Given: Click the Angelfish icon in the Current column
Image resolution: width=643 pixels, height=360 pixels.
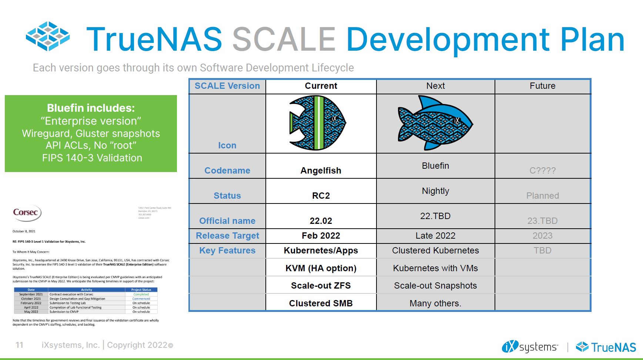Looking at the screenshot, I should (x=317, y=123).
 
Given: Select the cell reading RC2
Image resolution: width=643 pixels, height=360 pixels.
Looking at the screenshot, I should (x=321, y=196).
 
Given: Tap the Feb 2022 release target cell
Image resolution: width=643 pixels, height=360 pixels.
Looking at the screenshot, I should (x=321, y=236).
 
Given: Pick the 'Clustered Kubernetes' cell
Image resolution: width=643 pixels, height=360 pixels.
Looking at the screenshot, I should (x=435, y=250).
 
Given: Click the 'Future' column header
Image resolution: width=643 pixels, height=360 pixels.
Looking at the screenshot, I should (x=542, y=86).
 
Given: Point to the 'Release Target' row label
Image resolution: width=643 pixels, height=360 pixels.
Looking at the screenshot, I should (x=227, y=236).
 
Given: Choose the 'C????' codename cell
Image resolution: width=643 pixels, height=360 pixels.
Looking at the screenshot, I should (x=542, y=171).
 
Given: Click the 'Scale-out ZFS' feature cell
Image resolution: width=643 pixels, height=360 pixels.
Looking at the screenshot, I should (x=321, y=286).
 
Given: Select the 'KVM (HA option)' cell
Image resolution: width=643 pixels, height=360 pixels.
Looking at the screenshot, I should (x=321, y=268).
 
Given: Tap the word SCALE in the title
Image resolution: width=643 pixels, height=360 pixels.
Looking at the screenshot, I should (x=284, y=39).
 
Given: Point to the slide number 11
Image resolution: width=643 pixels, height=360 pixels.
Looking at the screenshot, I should (x=20, y=345).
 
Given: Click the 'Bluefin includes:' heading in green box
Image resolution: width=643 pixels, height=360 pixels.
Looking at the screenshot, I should (x=91, y=108).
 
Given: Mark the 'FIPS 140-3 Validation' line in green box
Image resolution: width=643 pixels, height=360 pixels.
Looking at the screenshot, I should (x=92, y=158).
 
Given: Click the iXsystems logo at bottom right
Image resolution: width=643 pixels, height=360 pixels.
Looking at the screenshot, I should (x=530, y=347).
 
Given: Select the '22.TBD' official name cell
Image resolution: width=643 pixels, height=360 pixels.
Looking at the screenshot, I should (x=435, y=216).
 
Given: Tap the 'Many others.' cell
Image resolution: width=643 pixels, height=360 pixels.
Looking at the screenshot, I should (x=435, y=303).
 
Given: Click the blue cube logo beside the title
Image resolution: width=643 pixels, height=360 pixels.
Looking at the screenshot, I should (x=48, y=36).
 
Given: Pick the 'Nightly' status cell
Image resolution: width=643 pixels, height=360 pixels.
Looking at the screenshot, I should (x=435, y=191).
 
